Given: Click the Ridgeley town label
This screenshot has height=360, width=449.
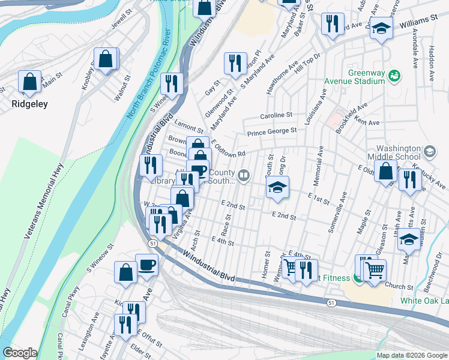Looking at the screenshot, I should tap(29, 103).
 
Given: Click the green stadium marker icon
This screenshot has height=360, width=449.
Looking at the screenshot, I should tap(394, 75).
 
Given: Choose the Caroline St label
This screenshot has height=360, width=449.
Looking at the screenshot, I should tap(276, 115).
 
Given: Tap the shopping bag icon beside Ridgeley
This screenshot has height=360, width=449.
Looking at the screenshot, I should tap(29, 83).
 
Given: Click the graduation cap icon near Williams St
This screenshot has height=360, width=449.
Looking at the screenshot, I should tap(381, 28).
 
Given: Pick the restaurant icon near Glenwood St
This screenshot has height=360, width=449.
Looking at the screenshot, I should tap(235, 64).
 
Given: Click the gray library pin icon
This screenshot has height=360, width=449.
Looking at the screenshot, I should tap(243, 176).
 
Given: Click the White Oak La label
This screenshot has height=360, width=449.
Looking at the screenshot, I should tap(424, 301).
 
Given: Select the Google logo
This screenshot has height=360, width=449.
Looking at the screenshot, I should tap(20, 353).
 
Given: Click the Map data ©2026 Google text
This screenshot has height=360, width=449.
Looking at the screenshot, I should tap(411, 355).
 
